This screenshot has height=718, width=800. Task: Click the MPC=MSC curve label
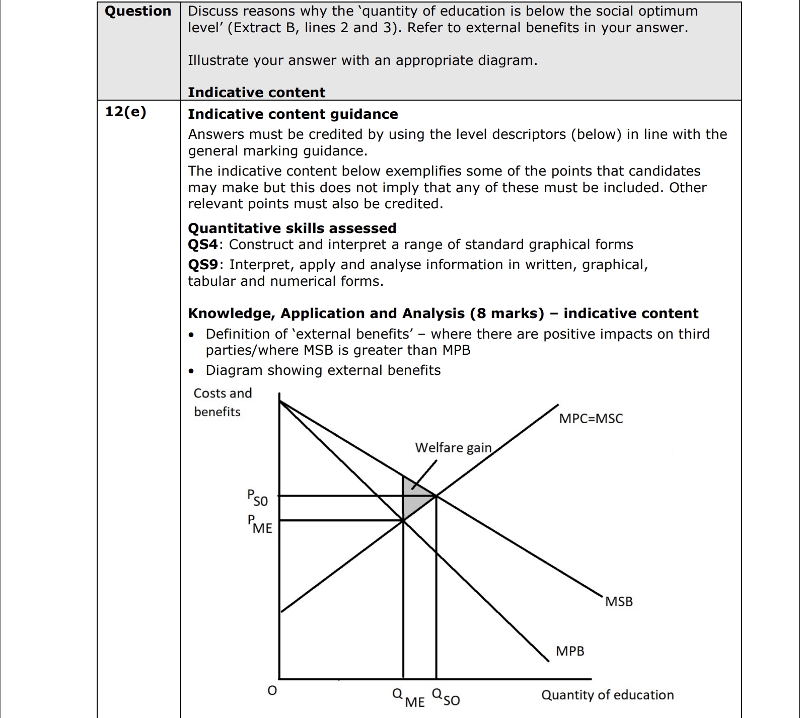coord(591,419)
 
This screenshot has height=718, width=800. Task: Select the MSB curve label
coord(619,601)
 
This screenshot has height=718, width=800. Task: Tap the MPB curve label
coord(570,651)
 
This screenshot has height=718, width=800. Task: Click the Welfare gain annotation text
coord(453,447)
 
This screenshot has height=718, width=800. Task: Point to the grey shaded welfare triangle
coord(415,498)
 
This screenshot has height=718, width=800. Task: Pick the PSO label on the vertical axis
coord(257,498)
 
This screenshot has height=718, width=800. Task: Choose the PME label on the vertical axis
coord(259,524)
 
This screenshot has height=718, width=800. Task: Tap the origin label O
coord(272,691)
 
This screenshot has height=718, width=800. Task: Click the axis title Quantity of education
coord(607,695)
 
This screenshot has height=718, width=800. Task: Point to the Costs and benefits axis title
coord(222,402)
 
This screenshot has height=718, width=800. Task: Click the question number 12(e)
coord(125,112)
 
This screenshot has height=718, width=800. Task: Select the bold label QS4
coord(203,245)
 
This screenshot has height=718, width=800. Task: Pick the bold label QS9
coord(203,265)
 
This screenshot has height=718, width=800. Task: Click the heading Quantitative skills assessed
coord(292,228)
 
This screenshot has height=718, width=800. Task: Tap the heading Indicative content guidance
coord(293,114)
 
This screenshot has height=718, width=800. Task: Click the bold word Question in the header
coord(138,11)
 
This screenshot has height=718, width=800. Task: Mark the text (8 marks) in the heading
coord(507,313)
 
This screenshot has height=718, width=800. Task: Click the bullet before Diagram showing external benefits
coord(192,371)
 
